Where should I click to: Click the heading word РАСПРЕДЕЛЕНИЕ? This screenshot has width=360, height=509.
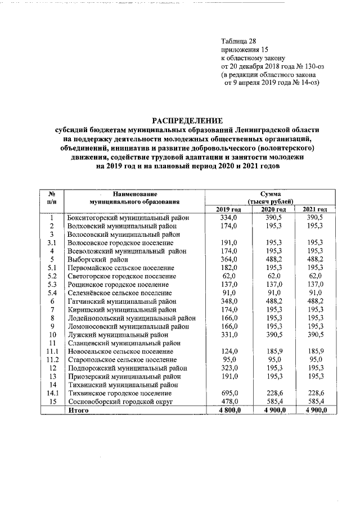point(188,120)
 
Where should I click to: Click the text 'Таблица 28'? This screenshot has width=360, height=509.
point(238,41)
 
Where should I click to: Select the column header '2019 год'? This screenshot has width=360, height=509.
point(228,209)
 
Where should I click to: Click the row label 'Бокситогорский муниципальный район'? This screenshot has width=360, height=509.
point(128,218)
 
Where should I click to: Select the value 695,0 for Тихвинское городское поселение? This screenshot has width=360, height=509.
point(229,394)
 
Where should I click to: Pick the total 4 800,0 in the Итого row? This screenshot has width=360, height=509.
point(228,411)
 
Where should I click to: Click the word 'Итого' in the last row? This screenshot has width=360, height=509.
point(78,411)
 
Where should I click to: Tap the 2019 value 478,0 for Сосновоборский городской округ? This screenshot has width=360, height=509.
point(229,403)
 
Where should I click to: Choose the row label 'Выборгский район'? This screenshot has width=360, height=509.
point(97,260)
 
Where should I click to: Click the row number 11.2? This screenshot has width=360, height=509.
point(52,360)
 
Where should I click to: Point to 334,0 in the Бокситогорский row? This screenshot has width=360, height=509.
point(229,218)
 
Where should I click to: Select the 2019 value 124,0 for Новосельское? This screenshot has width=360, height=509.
point(229,352)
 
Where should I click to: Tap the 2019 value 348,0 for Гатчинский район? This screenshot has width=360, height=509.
point(229,301)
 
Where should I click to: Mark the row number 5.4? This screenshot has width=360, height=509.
point(52,293)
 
